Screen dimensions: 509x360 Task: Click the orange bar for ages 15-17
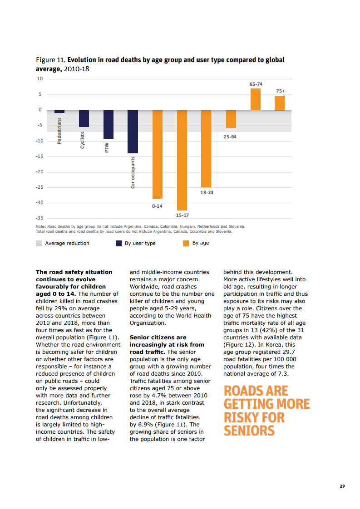coord(182,160)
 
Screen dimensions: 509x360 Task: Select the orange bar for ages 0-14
coord(158,154)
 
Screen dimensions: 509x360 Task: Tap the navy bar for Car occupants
coord(133,132)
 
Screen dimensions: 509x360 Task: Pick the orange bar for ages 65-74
coord(256,99)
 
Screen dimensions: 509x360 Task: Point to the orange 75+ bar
coord(280,103)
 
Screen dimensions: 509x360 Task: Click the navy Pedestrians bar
coord(59,112)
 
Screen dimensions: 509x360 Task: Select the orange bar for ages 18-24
coord(206,149)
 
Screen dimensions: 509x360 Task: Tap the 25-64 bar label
coord(231,137)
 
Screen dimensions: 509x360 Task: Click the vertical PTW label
coord(107,148)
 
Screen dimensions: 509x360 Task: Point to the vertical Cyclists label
coord(83,140)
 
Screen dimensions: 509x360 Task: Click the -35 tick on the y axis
coord(39,219)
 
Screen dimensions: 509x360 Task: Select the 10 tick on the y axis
coord(39,79)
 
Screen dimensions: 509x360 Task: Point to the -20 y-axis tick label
coord(39,172)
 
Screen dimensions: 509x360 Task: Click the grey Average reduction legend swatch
coord(39,243)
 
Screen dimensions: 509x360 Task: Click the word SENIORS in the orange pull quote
coord(249,430)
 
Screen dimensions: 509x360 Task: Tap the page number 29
coord(342,486)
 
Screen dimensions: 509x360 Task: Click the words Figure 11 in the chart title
coord(50,60)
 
